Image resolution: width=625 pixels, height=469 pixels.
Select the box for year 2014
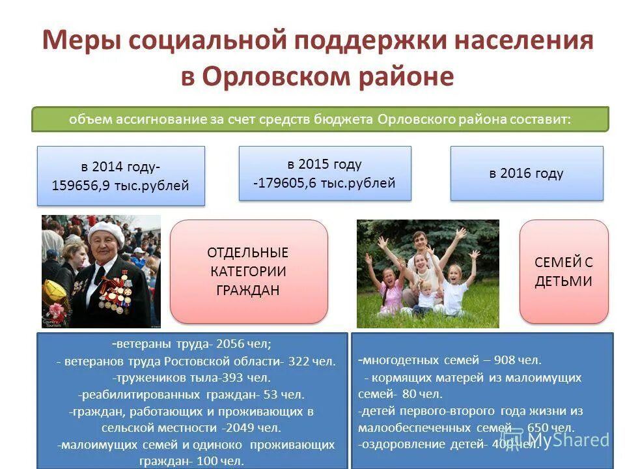[x=121, y=176]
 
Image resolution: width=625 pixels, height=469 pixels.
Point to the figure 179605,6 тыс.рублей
[x=326, y=183]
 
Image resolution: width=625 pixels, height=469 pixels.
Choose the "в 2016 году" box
[x=526, y=173]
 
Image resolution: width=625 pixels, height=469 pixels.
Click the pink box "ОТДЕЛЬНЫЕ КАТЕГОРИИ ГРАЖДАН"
[x=248, y=271]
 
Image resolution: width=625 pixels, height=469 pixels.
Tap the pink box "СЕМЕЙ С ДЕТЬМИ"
[x=563, y=271]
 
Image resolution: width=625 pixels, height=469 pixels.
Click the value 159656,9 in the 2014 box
[x=81, y=186]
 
